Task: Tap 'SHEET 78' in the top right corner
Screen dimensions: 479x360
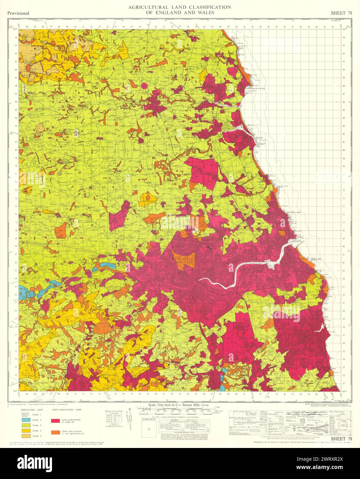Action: pyautogui.click(x=341, y=13)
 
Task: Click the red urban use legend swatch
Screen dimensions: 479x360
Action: pyautogui.click(x=56, y=421)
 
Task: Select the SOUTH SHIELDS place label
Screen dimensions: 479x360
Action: pyautogui.click(x=310, y=259)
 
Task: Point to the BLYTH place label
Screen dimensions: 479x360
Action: pyautogui.click(x=259, y=137)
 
